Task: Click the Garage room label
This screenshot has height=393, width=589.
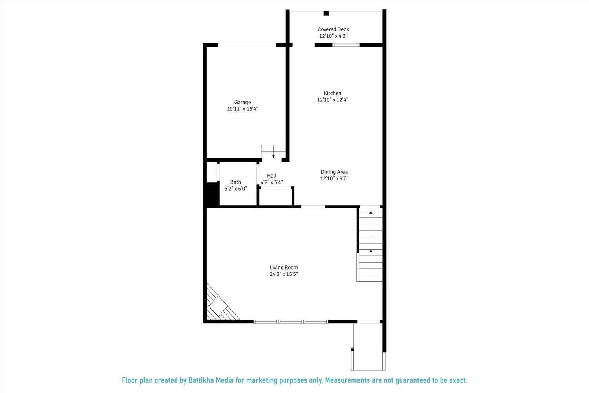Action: pos(242,103)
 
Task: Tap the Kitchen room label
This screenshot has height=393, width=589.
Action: pos(332,93)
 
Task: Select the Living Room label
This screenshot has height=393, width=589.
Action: pos(284,268)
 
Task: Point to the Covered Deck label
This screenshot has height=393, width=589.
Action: pos(333,29)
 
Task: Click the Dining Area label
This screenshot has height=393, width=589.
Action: pos(334,172)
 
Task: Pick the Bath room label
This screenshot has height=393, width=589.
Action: pos(236,182)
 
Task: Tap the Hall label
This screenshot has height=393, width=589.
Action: pos(272,176)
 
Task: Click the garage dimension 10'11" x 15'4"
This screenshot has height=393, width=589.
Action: pos(242,109)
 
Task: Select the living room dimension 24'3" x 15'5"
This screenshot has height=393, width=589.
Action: pos(284,274)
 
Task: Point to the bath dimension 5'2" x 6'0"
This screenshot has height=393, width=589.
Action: pos(236,189)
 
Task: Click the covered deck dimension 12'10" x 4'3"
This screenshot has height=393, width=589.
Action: pos(333,36)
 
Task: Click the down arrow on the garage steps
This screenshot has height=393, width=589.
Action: pos(274,156)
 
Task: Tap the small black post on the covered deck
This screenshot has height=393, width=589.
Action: pos(326,13)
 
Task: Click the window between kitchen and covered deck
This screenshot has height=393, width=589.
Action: pos(346,45)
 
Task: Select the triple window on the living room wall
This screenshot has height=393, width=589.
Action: pos(291,321)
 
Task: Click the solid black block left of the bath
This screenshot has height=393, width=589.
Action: pos(212,194)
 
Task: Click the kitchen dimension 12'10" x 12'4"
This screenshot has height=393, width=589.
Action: pos(333,100)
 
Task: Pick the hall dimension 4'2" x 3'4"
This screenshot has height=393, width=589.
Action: pos(272,182)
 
